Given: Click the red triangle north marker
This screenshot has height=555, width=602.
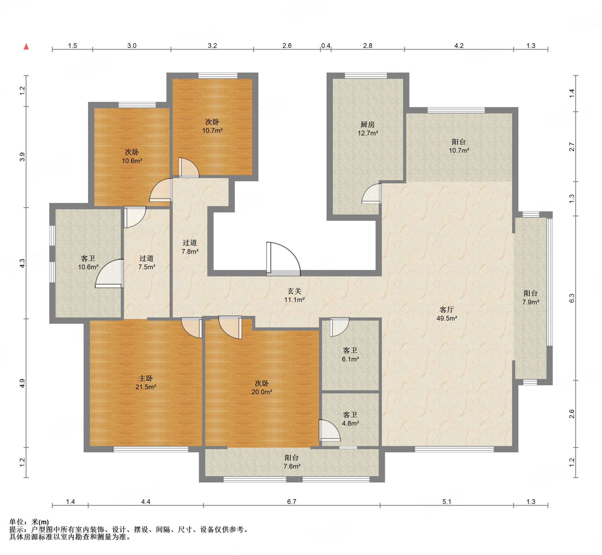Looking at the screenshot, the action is [x=26, y=46].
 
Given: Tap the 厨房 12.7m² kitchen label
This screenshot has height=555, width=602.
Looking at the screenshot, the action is [x=368, y=128].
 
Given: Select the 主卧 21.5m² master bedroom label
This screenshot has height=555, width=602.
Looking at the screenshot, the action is [x=146, y=382].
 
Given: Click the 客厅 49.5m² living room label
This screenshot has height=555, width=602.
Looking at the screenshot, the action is [x=447, y=314].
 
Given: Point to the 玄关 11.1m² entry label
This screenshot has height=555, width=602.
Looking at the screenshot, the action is [x=295, y=295].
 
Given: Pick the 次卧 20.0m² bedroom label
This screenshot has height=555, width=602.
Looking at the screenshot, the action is [x=262, y=388].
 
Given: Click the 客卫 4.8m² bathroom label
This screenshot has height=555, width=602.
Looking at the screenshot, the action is [x=350, y=419].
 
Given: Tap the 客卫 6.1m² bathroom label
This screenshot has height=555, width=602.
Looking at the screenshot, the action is [x=350, y=355].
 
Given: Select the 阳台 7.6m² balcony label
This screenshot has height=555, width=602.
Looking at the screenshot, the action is [x=292, y=462].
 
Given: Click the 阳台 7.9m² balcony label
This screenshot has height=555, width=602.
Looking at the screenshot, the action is [x=531, y=297].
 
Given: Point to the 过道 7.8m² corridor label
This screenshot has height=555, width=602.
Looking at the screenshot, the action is [x=190, y=247].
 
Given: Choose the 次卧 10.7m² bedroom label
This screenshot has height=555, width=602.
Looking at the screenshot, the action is [x=213, y=126].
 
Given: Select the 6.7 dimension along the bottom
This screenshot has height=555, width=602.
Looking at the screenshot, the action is [x=291, y=502].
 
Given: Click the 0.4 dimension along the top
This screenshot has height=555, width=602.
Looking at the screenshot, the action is [x=326, y=46].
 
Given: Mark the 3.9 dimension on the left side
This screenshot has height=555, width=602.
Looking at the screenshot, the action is [x=22, y=157].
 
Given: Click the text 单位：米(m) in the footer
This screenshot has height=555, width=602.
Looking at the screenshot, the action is [x=29, y=522].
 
